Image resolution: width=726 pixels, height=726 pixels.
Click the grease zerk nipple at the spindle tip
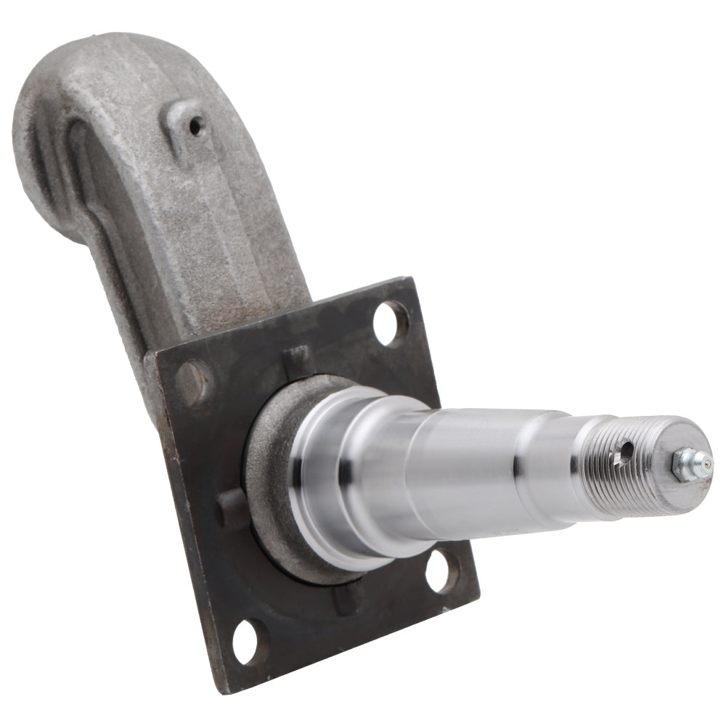tap(700, 463)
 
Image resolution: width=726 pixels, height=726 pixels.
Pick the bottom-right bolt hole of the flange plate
tap(441, 571)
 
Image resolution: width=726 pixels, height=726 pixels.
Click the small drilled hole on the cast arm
tap(195, 126)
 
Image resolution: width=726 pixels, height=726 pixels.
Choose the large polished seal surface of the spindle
tap(341, 472)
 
